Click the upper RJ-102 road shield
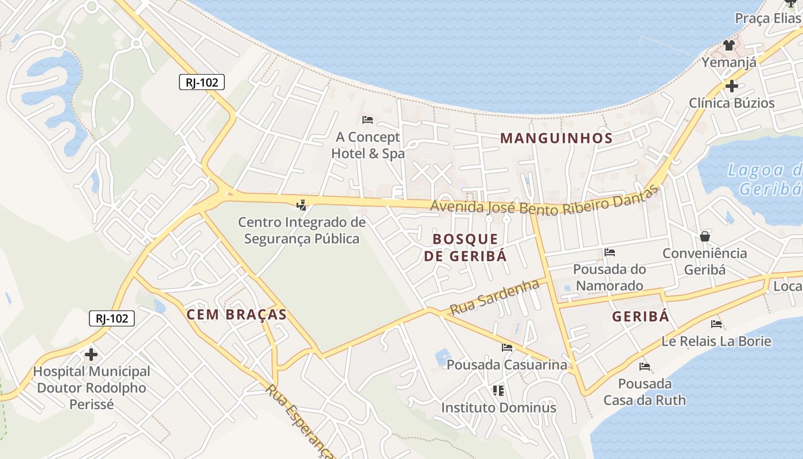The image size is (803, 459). pos(201,82)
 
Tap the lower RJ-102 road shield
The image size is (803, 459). pos(112,318)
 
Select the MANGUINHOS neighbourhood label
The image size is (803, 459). pos(556,138)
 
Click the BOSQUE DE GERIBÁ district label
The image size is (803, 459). pos(466,247)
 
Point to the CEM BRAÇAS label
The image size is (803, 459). pos(236,314)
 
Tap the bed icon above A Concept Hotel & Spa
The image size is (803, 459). pos(368,120)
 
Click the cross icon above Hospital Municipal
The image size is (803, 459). pos(91,355)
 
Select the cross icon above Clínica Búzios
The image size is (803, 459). pos(731,87)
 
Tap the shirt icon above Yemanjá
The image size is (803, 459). pos(729,45)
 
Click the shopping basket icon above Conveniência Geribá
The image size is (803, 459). pos(704,236)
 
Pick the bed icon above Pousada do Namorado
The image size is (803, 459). pos(609,252)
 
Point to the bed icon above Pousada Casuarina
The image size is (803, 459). pos(506,348)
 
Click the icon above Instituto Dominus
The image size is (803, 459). pos(498,391)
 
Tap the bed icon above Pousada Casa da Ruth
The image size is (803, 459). pos(644,367)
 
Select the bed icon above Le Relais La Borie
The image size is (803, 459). pos(716,324)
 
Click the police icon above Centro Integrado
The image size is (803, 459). pos(301,204)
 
